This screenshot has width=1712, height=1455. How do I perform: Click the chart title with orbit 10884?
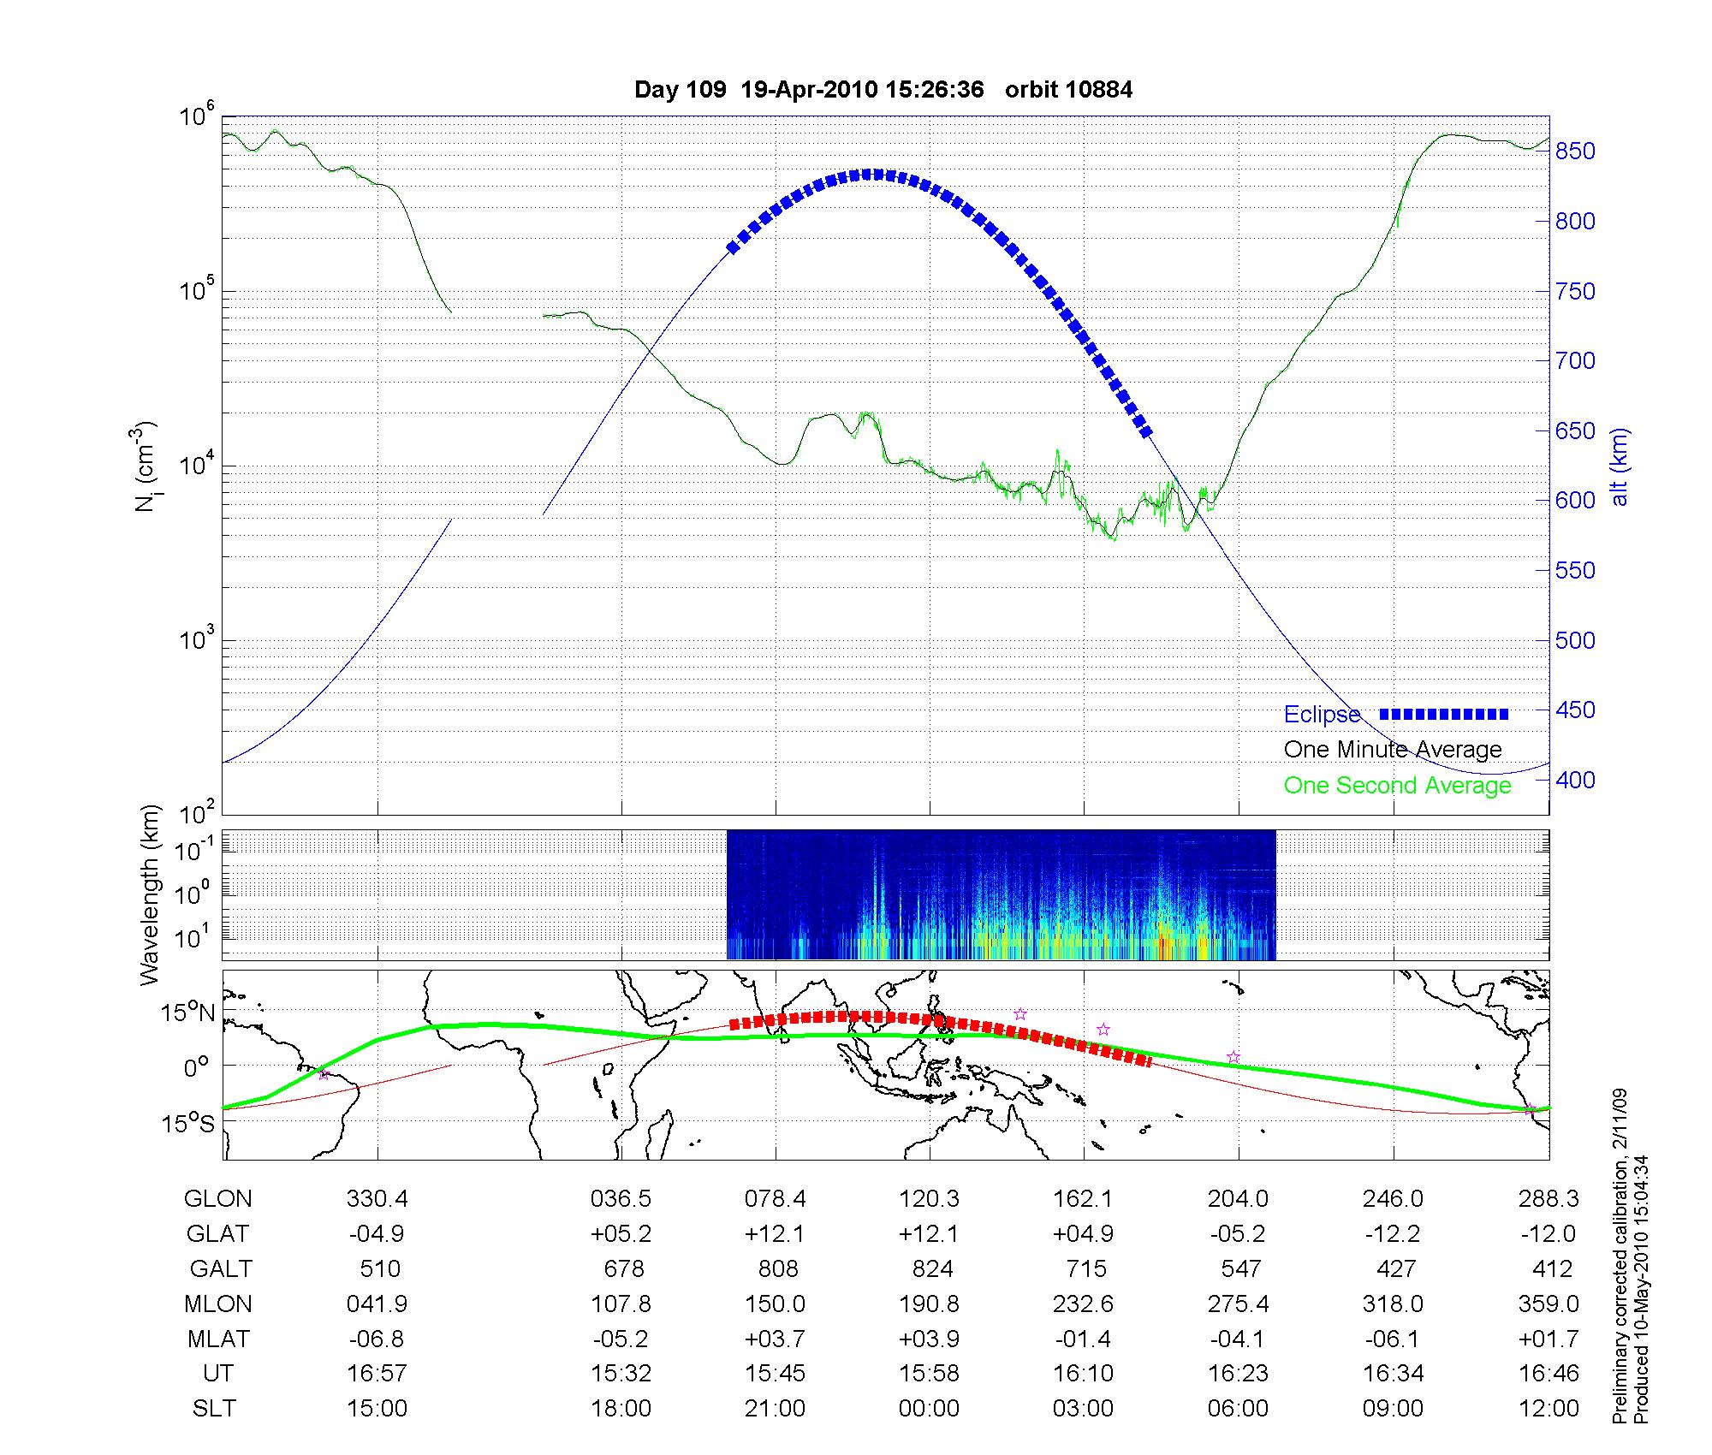pos(883,90)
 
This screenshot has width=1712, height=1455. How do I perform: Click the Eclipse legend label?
pos(1322,715)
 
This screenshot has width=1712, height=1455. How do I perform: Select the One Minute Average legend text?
pos(1393,750)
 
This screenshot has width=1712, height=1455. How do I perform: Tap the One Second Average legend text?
pos(1397,786)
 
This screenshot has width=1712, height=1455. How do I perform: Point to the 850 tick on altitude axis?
pos(1576,151)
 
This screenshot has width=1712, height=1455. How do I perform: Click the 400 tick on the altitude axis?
pos(1576,780)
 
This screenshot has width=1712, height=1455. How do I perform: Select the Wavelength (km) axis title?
pos(150,894)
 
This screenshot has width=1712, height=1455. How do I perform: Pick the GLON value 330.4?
pos(377,1199)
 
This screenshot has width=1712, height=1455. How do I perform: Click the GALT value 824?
pos(932,1268)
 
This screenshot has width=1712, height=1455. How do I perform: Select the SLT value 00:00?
pos(929,1408)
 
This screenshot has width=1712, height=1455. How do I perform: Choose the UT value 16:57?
pos(377,1373)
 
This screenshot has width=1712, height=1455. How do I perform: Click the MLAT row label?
pos(218,1339)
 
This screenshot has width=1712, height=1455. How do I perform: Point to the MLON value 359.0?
pos(1549,1304)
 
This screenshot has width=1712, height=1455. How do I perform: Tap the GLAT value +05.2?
pos(621,1234)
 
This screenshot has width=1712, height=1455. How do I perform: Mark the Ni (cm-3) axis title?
pos(146,466)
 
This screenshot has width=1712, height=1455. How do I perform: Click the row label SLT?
pos(214,1408)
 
